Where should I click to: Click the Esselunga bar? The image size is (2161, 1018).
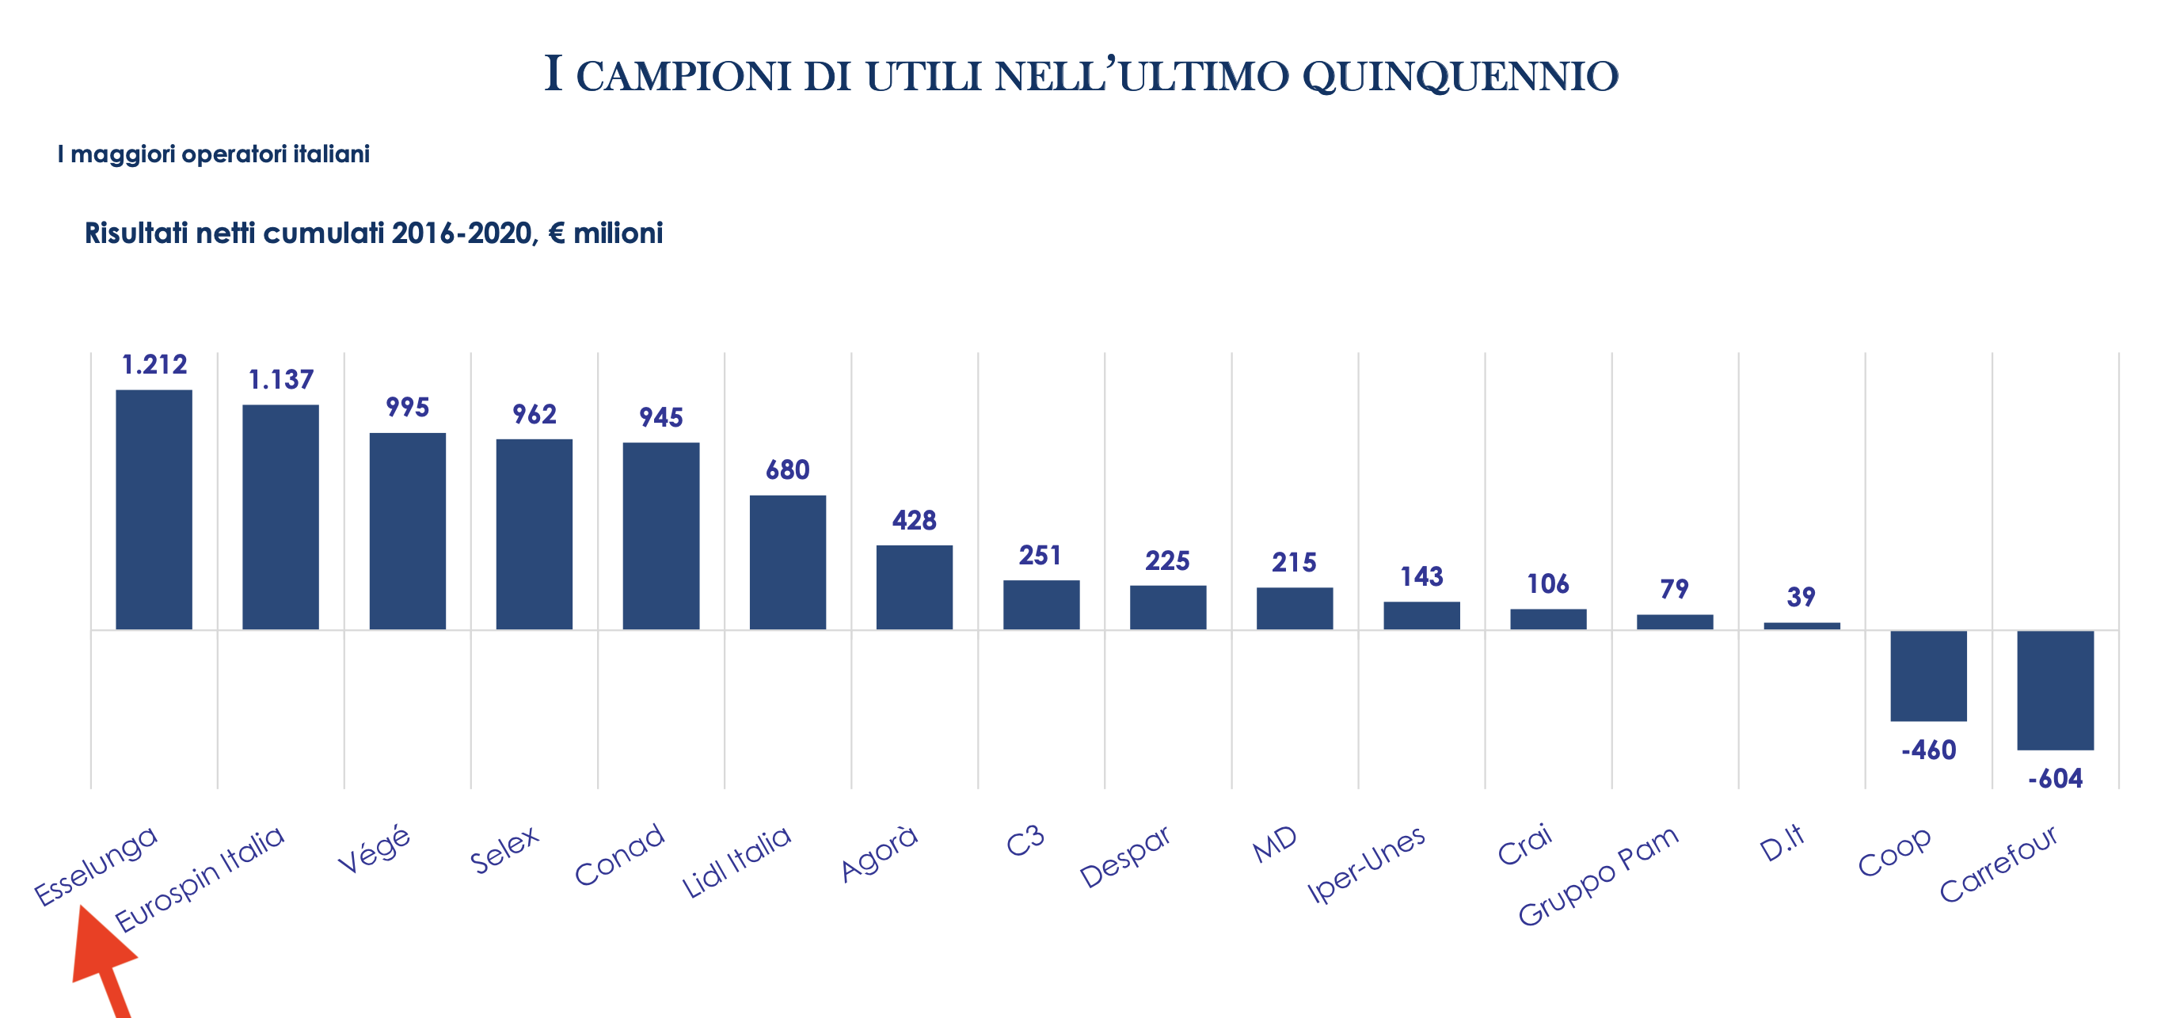tap(154, 509)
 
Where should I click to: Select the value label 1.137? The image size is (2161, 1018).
tap(281, 380)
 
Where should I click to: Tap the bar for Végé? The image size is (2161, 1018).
tap(408, 531)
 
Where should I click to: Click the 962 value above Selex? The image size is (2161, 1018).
tap(535, 414)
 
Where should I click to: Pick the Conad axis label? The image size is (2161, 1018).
tap(619, 854)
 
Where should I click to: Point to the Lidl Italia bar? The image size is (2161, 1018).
tap(788, 562)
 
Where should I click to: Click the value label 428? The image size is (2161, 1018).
tap(915, 521)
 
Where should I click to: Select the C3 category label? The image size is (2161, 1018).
tap(1025, 841)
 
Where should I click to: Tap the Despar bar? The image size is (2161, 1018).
tap(1168, 607)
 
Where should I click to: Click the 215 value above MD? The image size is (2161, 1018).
tap(1295, 563)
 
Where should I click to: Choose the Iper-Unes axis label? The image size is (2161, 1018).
tap(1367, 863)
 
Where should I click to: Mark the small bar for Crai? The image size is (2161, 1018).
tap(1549, 619)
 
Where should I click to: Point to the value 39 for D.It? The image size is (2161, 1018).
tap(1801, 597)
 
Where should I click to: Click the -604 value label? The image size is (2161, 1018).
tap(2056, 779)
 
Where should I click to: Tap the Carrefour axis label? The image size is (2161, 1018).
tap(1998, 864)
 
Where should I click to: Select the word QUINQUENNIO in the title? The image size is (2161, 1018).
tap(1459, 76)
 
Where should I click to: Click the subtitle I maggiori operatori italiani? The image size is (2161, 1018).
tap(213, 154)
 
